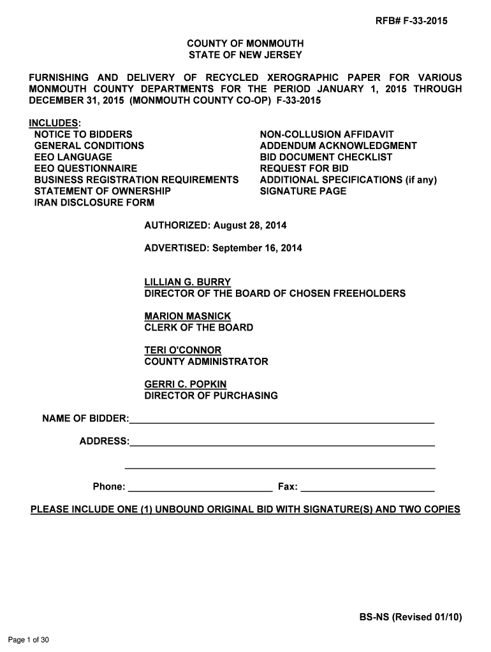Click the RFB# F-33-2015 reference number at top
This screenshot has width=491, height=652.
pos(411,22)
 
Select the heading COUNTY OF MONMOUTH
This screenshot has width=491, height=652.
pos(245,44)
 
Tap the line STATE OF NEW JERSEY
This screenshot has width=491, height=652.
pos(245,55)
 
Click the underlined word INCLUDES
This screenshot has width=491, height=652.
pos(54,123)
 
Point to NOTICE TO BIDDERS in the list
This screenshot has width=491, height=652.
pos(84,134)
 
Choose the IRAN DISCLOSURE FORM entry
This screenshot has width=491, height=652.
pos(94,203)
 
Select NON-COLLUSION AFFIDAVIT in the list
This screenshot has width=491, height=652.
pos(326,134)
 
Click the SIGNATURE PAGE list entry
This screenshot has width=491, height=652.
pos(303,191)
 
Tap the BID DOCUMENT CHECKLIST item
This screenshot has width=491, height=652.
pos(326,157)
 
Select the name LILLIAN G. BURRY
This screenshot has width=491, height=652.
pos(187,282)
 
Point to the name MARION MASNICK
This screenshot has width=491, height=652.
pos(187,316)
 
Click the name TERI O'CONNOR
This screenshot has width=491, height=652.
pos(183,350)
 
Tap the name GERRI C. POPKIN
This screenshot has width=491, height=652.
pos(186,385)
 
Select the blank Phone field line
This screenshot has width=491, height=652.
pos(200,490)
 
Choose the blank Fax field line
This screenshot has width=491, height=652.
pos(367,490)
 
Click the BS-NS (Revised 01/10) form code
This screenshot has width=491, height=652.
pos(410,617)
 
